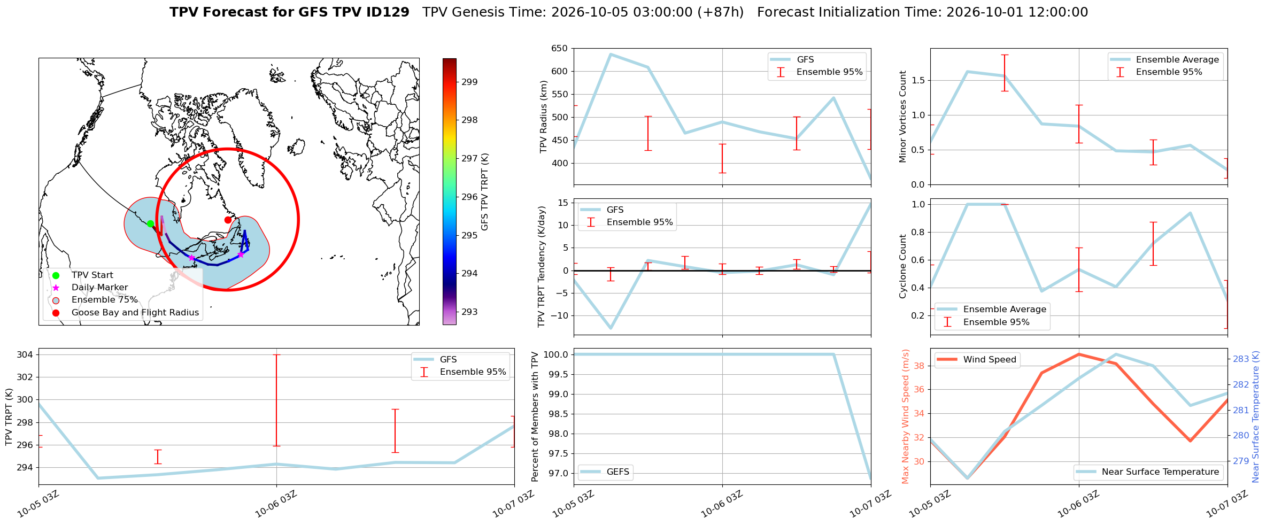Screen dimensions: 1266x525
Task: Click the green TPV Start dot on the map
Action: (x=150, y=223)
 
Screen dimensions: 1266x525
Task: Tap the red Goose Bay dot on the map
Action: (x=228, y=220)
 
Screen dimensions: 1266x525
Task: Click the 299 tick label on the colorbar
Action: (x=469, y=82)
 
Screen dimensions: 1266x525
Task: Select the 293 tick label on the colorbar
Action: (x=469, y=312)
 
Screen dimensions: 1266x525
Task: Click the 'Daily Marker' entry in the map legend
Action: (x=99, y=288)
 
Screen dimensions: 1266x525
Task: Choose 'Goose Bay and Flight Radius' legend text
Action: (x=135, y=313)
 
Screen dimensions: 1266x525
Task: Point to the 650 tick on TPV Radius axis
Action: (x=559, y=49)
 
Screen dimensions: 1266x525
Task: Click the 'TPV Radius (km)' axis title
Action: (x=544, y=117)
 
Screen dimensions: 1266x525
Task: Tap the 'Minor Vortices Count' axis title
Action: (x=903, y=117)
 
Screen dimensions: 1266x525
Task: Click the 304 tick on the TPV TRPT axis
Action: (x=26, y=354)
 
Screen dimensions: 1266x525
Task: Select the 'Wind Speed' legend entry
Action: (x=990, y=360)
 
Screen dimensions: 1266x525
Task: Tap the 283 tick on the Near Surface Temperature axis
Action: (x=1241, y=359)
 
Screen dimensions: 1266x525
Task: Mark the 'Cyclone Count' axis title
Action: (x=903, y=266)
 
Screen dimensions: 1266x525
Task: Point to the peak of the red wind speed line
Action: (x=1079, y=354)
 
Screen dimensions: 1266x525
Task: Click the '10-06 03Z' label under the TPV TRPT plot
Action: (x=276, y=504)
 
